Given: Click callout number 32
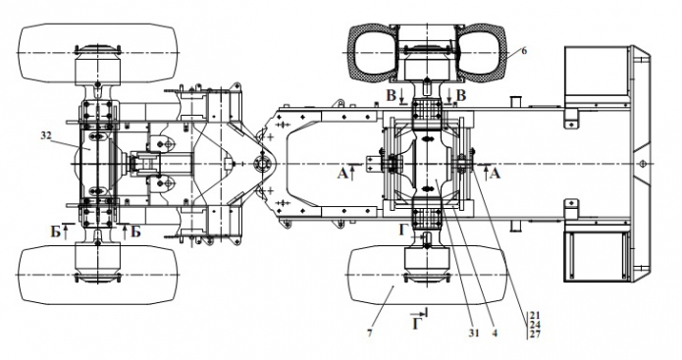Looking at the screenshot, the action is [46, 135].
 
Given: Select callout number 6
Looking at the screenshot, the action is [524, 51].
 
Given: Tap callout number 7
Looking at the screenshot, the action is [370, 334].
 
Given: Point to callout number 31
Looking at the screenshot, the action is [474, 334].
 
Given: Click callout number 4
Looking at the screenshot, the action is [494, 334].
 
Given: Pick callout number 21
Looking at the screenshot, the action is [536, 315].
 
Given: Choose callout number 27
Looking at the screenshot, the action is [536, 334].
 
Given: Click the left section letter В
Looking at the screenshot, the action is [391, 96].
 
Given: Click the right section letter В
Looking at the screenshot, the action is [461, 96].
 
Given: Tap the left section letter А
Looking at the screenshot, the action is [342, 174].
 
